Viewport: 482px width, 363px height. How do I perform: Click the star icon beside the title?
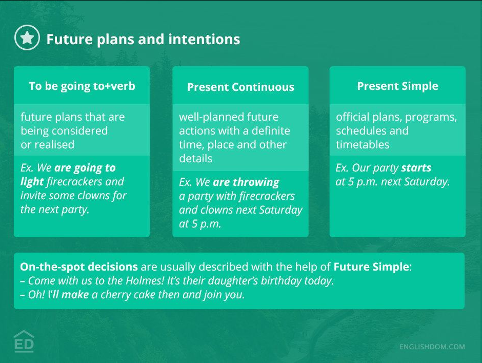tap(27, 37)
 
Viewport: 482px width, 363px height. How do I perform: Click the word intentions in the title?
tap(204, 40)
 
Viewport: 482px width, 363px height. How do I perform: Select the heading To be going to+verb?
tap(82, 86)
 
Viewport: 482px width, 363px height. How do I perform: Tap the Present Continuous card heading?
tap(240, 87)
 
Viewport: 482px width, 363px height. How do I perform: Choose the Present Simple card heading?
tap(398, 86)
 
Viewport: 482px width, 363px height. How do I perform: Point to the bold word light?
tap(32, 182)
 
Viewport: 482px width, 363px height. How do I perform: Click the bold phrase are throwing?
tap(246, 182)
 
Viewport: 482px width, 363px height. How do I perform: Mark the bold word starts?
tap(416, 168)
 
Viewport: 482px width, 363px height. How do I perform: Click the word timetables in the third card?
tap(363, 145)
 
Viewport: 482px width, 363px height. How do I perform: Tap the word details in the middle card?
tap(195, 159)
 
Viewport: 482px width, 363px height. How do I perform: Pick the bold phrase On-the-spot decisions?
tap(79, 267)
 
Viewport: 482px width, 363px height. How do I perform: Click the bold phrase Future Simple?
tap(371, 267)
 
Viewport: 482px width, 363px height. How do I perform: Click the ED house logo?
tap(24, 341)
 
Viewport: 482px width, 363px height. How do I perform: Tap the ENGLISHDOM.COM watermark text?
tap(432, 347)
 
